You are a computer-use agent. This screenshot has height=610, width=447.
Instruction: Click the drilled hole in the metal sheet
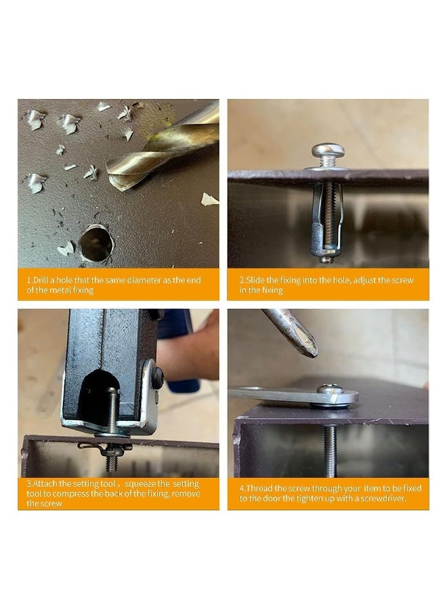(96, 243)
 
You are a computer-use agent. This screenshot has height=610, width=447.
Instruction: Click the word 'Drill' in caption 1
(41, 280)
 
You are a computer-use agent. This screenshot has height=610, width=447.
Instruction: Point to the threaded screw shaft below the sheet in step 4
(330, 451)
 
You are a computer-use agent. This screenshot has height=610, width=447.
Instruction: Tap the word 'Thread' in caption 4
(259, 488)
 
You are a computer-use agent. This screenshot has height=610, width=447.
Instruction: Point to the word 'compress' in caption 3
(72, 494)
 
